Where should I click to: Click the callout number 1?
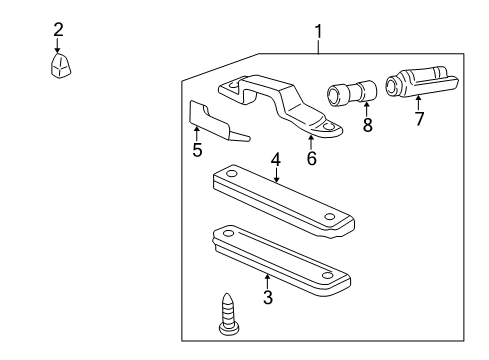click(319, 32)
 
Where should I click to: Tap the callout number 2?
click(58, 30)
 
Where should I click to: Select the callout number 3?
click(268, 297)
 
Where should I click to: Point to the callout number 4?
click(276, 160)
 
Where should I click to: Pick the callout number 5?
click(197, 150)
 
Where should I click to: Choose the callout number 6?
click(312, 158)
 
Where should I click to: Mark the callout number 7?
click(419, 119)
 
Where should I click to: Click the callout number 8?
click(367, 125)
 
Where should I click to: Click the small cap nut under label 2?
click(60, 65)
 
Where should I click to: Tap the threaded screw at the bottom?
click(229, 314)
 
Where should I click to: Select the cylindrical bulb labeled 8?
click(352, 93)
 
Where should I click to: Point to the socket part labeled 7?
click(422, 82)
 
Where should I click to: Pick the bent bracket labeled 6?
click(280, 105)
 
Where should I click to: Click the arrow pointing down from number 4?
click(276, 174)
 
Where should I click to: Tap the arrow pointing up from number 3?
click(267, 282)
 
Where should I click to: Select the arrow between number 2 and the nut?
click(58, 45)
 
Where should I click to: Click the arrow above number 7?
click(418, 103)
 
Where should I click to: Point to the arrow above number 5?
click(197, 134)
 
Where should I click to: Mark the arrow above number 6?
click(311, 142)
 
